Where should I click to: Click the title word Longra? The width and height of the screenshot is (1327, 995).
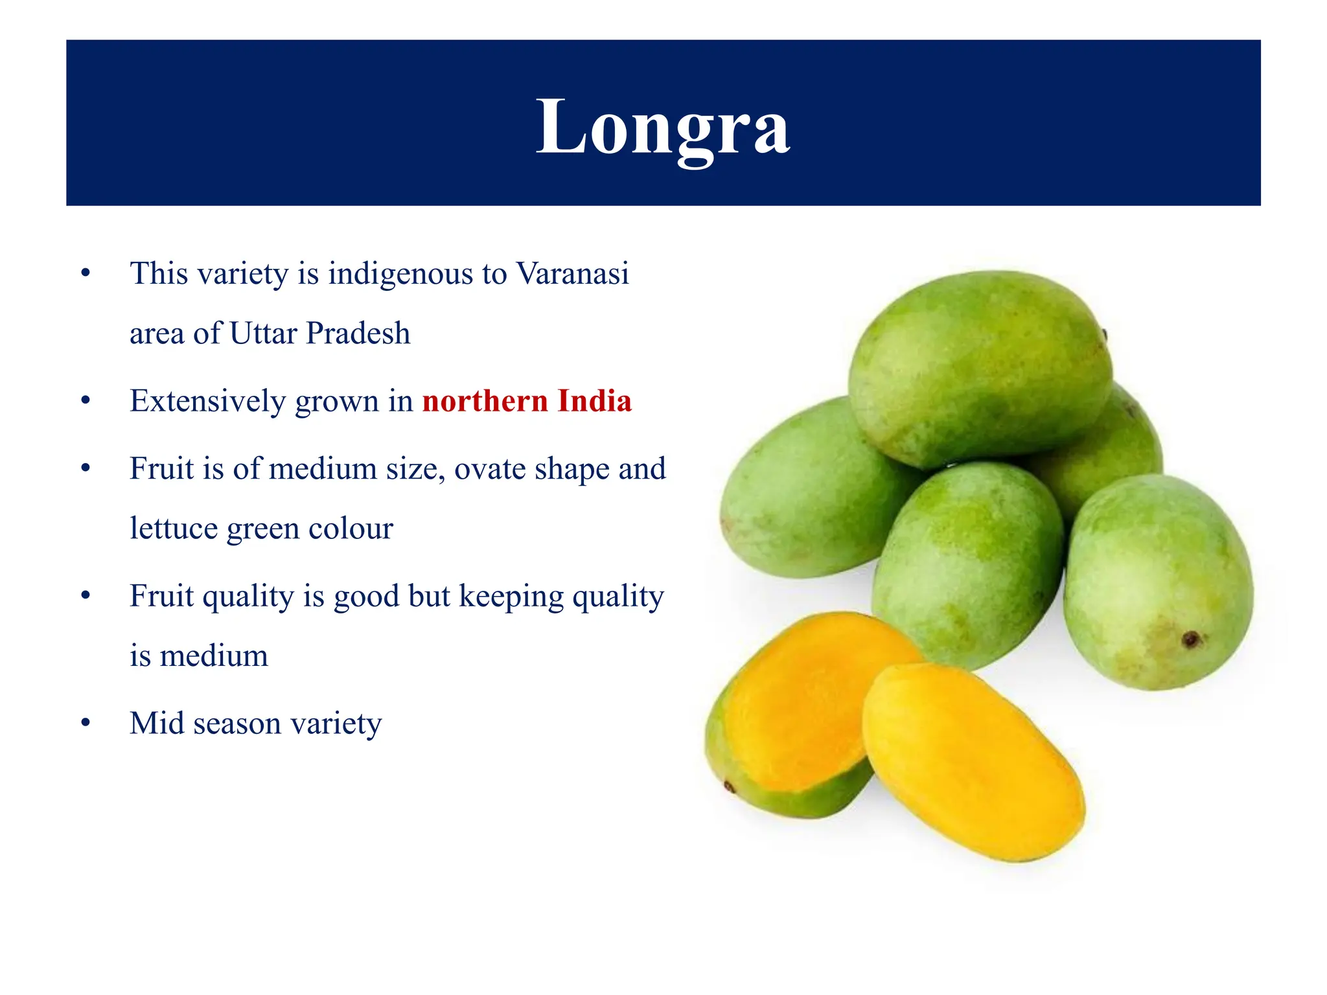tap(662, 127)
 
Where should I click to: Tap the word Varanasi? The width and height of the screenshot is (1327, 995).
tap(572, 273)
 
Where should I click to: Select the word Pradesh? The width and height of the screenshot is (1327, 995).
tap(358, 334)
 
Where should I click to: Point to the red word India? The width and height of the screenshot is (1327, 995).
tap(595, 401)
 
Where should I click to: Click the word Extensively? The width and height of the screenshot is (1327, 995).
tap(208, 401)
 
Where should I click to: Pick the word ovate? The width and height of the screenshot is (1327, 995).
tap(489, 468)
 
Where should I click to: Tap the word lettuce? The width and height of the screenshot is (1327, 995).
tap(173, 529)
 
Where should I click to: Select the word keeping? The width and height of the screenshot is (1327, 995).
tap(511, 597)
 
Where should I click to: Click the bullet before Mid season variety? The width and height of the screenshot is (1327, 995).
tap(86, 723)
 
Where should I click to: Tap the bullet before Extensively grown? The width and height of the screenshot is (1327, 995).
tap(86, 401)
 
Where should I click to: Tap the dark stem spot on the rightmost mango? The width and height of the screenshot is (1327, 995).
tap(1190, 640)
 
